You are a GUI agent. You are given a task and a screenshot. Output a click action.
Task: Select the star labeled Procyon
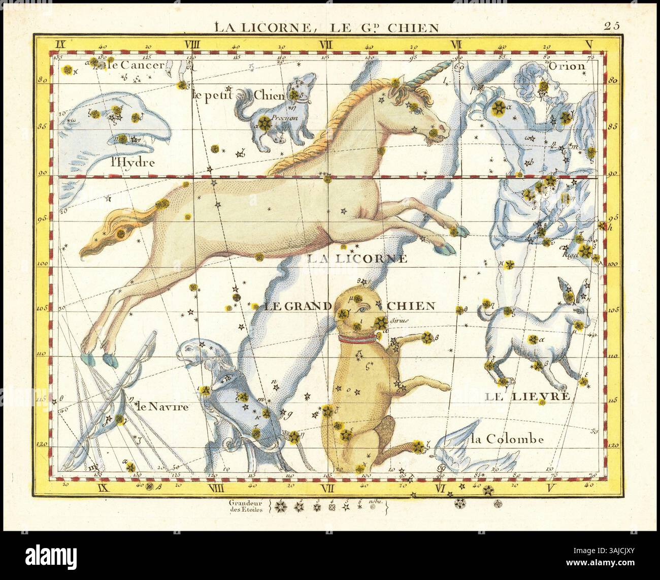tap(264, 122)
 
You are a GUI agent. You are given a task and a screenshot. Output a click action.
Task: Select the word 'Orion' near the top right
tap(574, 66)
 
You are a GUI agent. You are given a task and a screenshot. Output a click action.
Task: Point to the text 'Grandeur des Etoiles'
tap(246, 507)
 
